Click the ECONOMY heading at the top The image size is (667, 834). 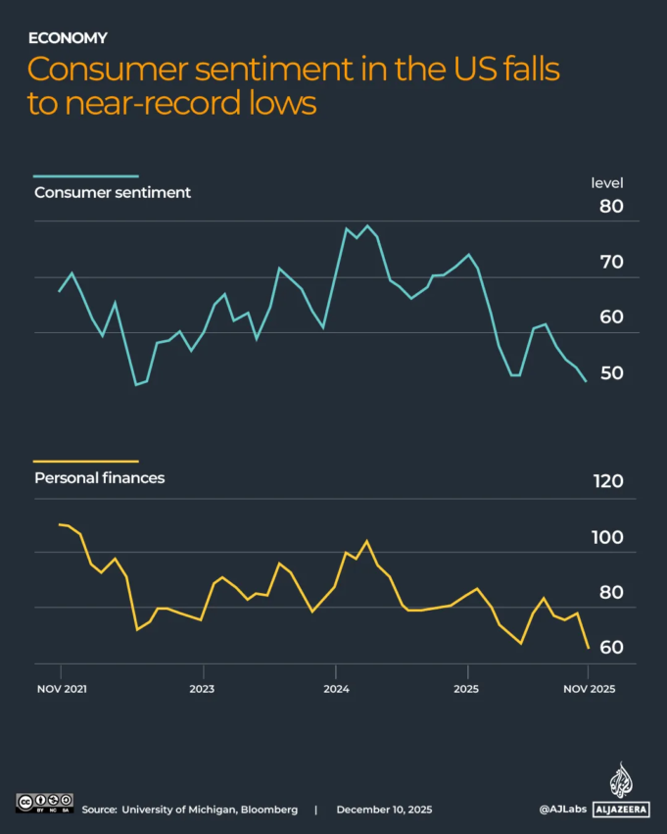pos(68,38)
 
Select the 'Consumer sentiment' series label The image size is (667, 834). pos(112,192)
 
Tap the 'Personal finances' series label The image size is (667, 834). pos(99,478)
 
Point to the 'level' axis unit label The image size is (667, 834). pos(606,183)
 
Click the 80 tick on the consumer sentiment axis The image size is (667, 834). pos(611,207)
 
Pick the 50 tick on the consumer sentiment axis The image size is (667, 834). pos(611,373)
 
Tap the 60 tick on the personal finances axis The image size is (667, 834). pos(611,648)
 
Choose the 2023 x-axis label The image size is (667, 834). pos(203,689)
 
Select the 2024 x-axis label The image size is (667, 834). pos(336,689)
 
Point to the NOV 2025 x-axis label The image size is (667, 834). pos(588,689)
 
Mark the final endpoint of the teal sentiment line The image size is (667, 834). pos(587,381)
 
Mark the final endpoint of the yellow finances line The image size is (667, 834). pos(588,648)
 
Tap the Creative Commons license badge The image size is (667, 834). pos(45,802)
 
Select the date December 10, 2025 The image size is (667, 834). pos(384,809)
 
